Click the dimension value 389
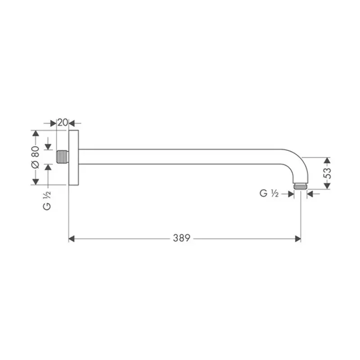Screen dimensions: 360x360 click(x=182, y=238)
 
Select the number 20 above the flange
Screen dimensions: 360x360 click(x=63, y=122)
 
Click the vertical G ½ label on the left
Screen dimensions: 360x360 click(x=47, y=201)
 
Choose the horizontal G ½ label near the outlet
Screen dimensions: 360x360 click(x=270, y=193)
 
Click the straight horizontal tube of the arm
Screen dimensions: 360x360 click(x=180, y=157)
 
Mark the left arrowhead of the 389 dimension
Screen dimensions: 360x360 click(x=71, y=238)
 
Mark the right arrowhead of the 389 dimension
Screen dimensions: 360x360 click(x=298, y=238)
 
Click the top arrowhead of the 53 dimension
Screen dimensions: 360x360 click(x=327, y=160)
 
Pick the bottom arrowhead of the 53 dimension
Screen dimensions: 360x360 click(x=327, y=186)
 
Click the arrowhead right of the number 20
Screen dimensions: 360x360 click(x=72, y=122)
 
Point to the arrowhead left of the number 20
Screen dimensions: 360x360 click(x=54, y=122)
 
